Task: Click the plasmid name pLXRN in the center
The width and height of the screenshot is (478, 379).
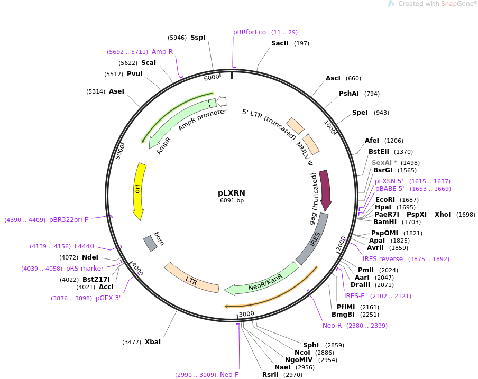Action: (x=232, y=193)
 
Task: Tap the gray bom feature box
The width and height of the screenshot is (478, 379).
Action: (x=150, y=244)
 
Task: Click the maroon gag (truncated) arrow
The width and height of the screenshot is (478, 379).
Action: (x=326, y=189)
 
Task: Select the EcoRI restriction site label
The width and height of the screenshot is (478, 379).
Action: (x=385, y=200)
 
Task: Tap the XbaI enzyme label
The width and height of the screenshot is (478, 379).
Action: (x=153, y=342)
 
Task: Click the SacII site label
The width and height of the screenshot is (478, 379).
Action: (x=280, y=43)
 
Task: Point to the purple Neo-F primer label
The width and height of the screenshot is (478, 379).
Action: (x=229, y=375)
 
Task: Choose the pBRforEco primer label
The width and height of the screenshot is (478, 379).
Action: (x=250, y=32)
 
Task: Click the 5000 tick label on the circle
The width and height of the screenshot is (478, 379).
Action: (x=120, y=151)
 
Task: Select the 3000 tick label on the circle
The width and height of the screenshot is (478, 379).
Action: (x=246, y=314)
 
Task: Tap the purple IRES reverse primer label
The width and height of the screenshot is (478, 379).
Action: (x=383, y=259)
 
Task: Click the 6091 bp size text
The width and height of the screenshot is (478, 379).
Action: (x=232, y=200)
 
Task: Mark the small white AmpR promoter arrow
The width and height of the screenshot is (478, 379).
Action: (x=222, y=101)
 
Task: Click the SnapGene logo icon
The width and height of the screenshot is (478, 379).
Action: (x=391, y=4)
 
